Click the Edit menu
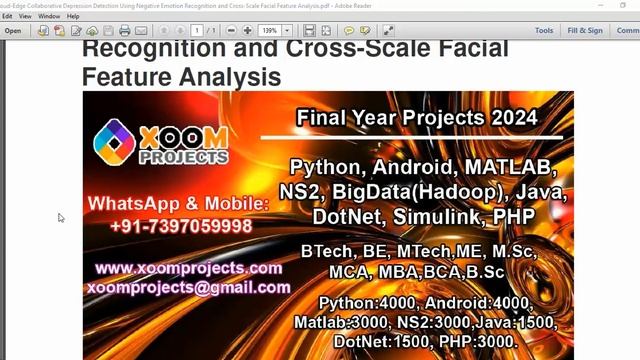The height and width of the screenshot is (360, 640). (7, 17)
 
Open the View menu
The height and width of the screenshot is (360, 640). (25, 17)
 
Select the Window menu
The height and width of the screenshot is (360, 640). (49, 17)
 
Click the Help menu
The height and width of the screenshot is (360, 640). (73, 17)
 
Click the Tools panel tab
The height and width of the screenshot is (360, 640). (544, 31)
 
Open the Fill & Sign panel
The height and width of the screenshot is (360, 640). (585, 31)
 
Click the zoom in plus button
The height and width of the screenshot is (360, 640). (248, 31)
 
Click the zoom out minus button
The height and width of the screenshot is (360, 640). (231, 31)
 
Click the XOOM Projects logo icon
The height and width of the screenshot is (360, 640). (114, 141)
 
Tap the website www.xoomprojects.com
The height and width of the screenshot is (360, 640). (189, 268)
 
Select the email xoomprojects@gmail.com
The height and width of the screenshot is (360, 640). (189, 287)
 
